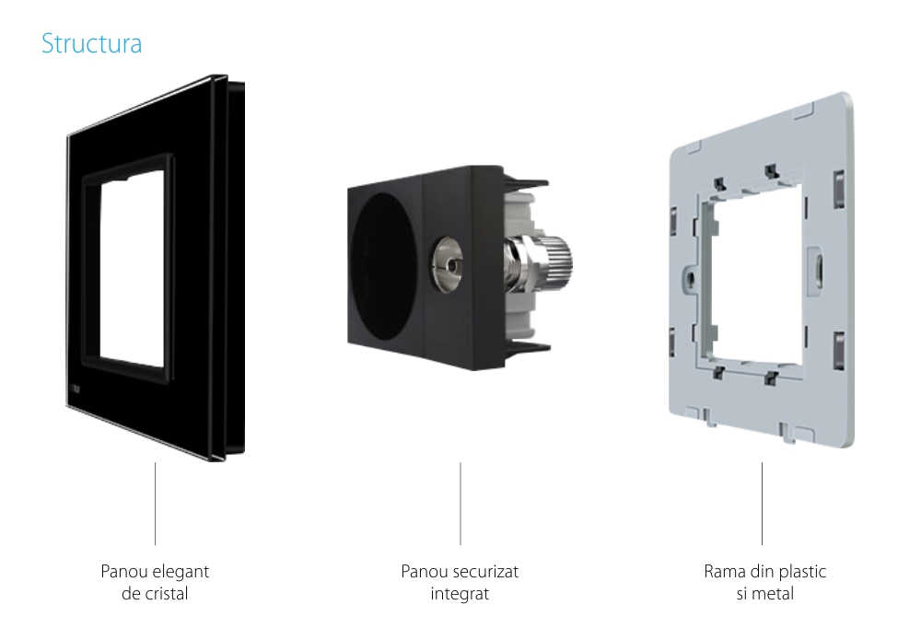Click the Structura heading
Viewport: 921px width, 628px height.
(x=91, y=44)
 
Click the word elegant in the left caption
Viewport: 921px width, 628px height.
(x=181, y=572)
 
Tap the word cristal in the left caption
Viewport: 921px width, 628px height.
(x=166, y=593)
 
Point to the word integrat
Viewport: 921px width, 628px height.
(x=460, y=593)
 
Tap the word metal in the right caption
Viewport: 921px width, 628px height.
(x=774, y=593)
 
